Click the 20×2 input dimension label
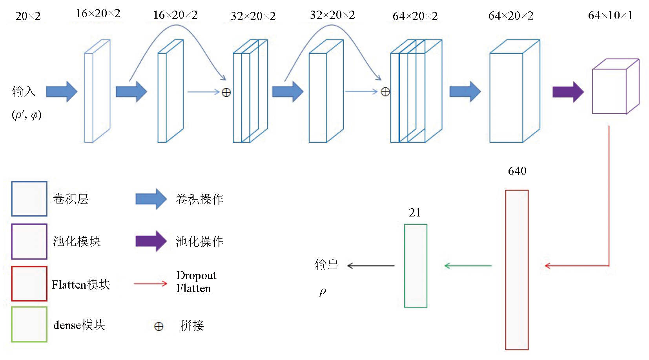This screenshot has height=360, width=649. [28, 16]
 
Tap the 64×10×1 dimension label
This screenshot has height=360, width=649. [610, 15]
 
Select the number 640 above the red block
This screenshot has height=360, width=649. [517, 171]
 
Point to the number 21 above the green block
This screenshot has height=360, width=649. [415, 213]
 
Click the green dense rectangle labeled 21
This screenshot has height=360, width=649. [416, 266]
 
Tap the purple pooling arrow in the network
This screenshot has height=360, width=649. [568, 92]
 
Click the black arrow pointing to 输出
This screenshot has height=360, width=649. [370, 266]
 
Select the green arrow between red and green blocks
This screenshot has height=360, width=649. [468, 266]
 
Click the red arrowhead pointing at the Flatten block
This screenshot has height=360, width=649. [548, 266]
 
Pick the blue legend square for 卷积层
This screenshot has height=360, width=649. [29, 199]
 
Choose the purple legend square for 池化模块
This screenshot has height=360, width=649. [29, 242]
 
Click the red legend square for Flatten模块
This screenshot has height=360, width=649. [29, 284]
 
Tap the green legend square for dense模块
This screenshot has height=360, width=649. [29, 324]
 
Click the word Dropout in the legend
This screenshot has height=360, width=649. [196, 275]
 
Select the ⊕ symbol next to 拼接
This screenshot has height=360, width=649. [159, 326]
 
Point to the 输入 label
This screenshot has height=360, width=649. [24, 92]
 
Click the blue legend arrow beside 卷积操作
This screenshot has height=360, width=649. [151, 199]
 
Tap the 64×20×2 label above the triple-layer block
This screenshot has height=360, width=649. [415, 16]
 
